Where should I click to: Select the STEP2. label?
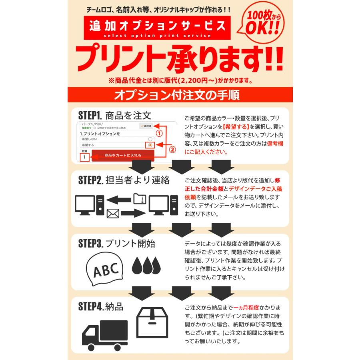click(x=90, y=180)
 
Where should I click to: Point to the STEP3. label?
click(x=90, y=244)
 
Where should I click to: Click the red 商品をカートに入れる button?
click(x=123, y=155)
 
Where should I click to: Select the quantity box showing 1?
click(x=84, y=157)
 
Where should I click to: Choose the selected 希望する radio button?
click(x=150, y=145)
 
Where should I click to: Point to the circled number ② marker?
click(x=172, y=150)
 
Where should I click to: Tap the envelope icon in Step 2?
click(x=113, y=214)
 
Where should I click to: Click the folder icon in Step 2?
click(x=139, y=199)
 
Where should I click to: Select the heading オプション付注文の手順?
click(x=176, y=95)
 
